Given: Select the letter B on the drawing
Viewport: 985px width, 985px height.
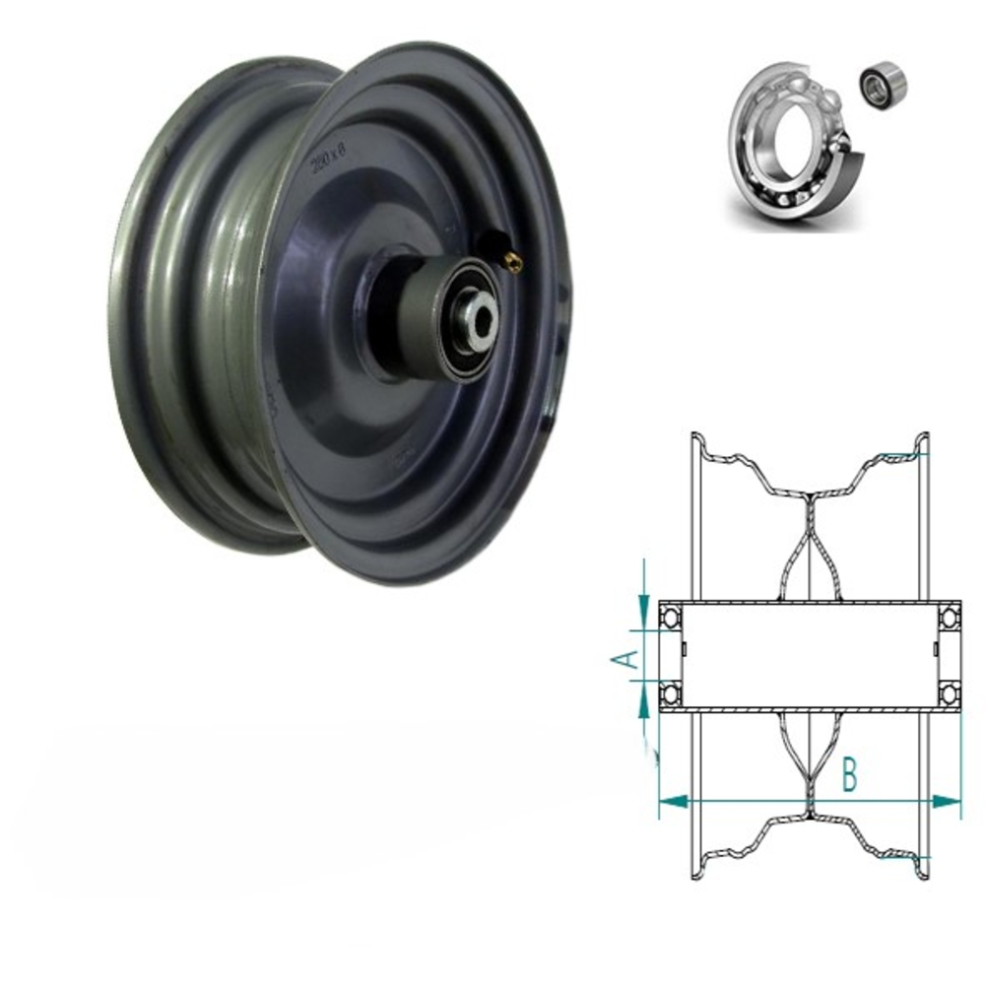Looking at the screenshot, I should pos(849,777).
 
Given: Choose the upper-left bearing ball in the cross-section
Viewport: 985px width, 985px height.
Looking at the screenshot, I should pos(670,619).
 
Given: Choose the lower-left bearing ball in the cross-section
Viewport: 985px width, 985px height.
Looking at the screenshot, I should pos(670,694).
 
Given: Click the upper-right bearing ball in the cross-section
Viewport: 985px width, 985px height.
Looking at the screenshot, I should pos(950,618).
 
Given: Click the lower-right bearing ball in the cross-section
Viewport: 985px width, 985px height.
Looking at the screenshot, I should pos(950,694).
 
